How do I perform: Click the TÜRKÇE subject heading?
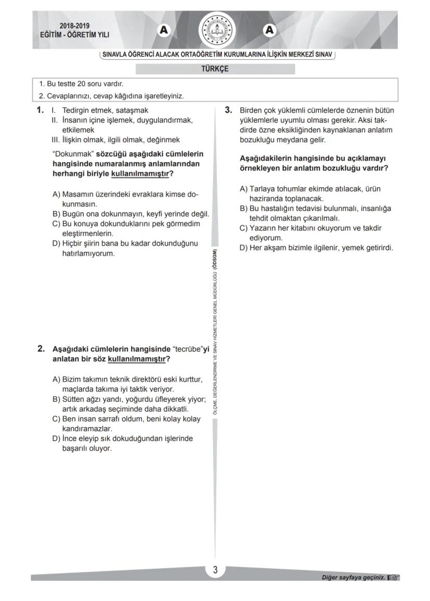[214, 69]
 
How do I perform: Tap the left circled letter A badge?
[164, 31]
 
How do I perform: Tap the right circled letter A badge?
[269, 31]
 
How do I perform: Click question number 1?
[41, 110]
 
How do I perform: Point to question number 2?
[41, 348]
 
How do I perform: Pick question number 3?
[228, 110]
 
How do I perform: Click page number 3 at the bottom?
[215, 570]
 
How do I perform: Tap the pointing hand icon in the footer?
[394, 577]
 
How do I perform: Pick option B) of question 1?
[57, 214]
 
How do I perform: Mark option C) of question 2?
[57, 419]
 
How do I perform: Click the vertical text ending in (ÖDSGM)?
[215, 332]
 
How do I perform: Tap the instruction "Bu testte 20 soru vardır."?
[85, 83]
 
